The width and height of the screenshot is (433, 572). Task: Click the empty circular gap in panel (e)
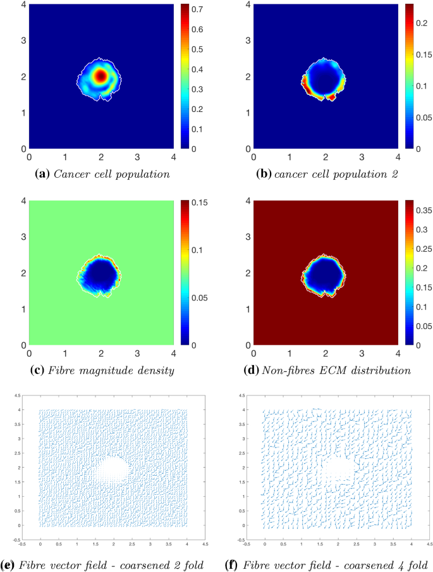[114, 469]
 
